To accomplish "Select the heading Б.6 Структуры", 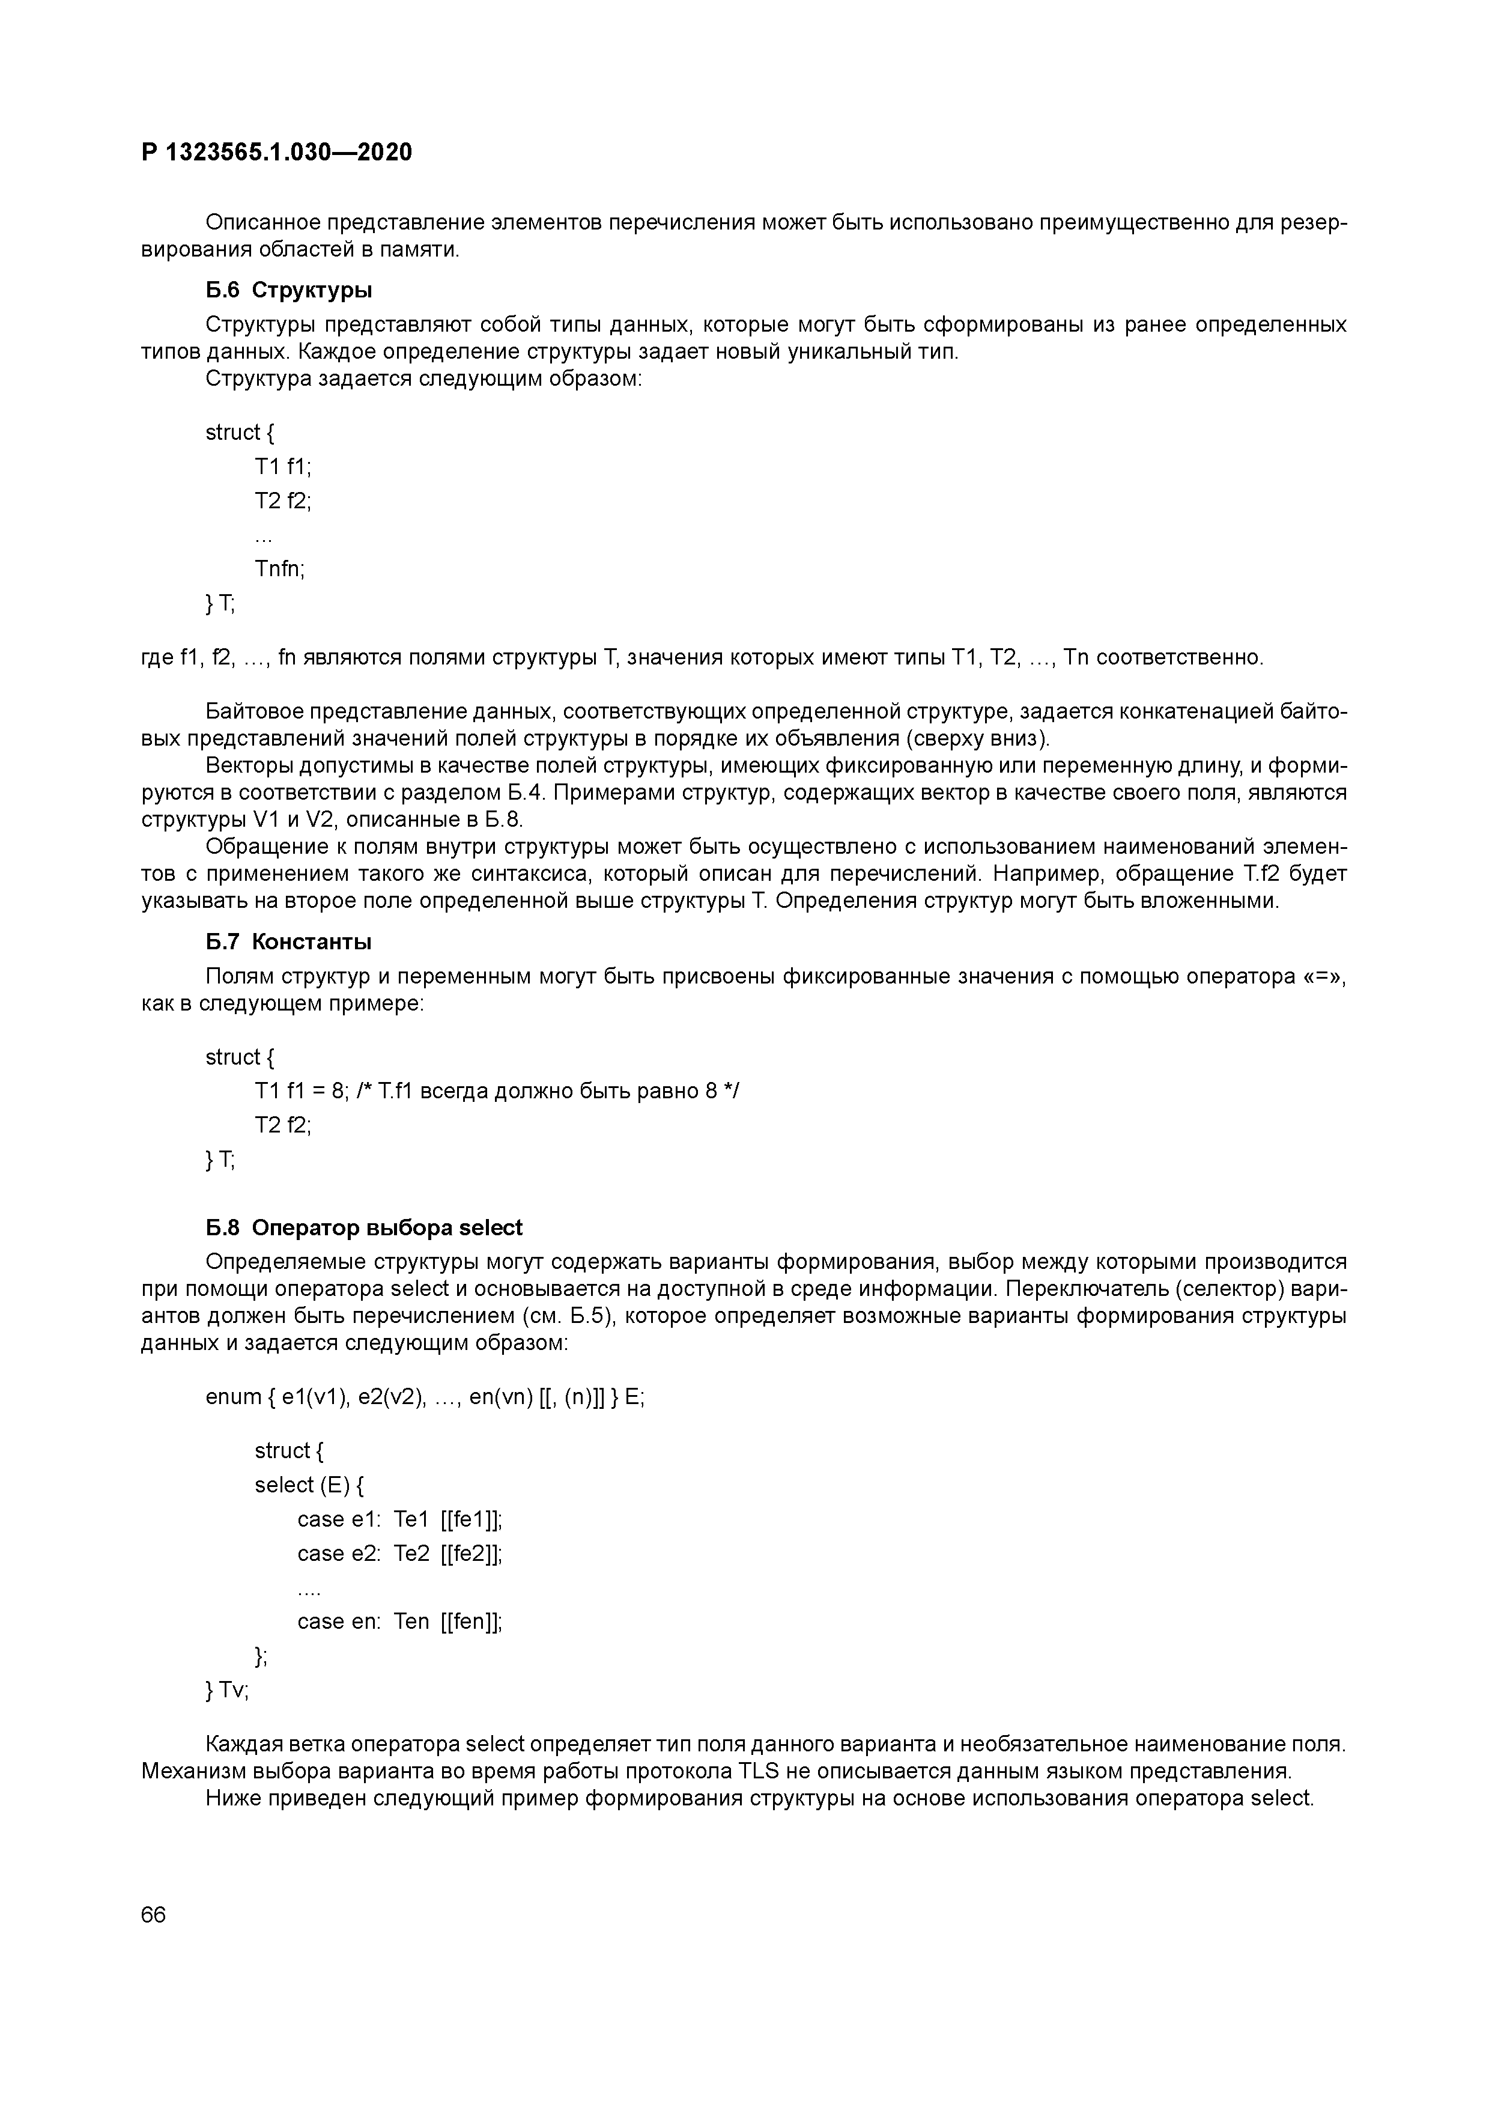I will (289, 291).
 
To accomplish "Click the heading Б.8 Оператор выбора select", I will (364, 1228).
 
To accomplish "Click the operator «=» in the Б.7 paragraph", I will (1324, 976).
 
